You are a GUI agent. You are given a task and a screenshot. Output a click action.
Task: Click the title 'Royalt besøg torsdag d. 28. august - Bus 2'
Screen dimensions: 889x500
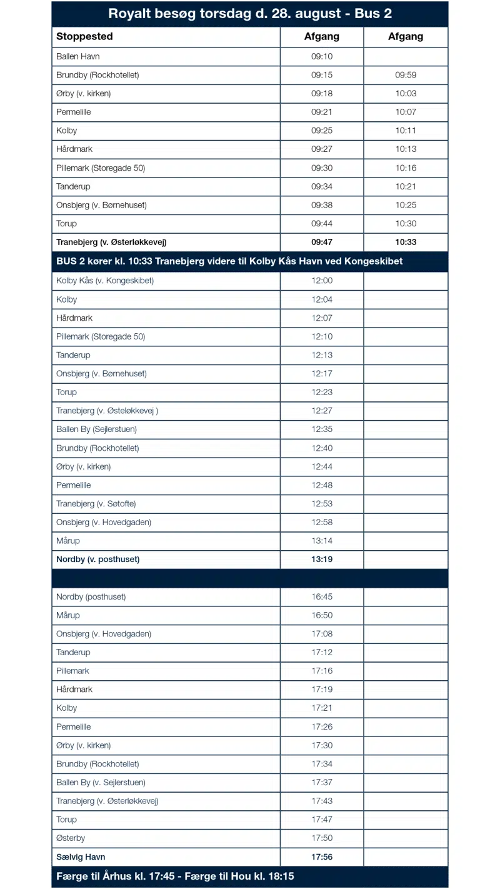click(x=250, y=14)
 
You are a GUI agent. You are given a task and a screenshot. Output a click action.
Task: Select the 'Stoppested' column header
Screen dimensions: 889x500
click(x=84, y=36)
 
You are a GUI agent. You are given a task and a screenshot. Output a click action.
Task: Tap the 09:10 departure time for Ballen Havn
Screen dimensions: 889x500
click(x=322, y=56)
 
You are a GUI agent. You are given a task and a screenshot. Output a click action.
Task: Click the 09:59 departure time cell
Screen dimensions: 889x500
click(x=406, y=75)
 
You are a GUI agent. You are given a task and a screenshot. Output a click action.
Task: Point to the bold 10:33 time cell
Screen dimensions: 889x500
click(x=406, y=242)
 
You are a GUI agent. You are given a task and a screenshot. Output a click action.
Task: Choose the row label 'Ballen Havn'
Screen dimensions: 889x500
click(x=78, y=56)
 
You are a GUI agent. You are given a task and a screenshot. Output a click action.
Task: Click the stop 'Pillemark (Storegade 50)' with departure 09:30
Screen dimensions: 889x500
click(x=101, y=168)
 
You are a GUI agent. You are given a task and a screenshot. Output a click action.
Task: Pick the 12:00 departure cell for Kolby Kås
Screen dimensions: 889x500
click(x=322, y=281)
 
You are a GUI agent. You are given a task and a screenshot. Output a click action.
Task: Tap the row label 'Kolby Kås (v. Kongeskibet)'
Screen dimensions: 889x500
click(x=105, y=281)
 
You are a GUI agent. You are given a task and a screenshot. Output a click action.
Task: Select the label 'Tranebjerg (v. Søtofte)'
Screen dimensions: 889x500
click(x=96, y=504)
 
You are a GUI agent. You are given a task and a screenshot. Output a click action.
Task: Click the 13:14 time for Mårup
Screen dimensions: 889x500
click(x=322, y=541)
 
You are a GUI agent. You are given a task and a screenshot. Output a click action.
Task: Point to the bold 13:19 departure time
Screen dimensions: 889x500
click(x=322, y=560)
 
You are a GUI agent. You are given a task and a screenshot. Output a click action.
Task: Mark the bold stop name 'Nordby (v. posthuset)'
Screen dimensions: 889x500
click(x=98, y=560)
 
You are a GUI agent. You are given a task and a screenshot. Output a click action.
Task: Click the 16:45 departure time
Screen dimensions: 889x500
click(x=322, y=597)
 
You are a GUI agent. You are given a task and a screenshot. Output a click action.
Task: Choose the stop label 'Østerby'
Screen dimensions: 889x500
click(x=71, y=838)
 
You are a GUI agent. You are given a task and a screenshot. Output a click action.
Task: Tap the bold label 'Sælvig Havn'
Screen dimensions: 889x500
click(x=81, y=857)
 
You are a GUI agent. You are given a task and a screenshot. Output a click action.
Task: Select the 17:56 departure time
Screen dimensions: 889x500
click(x=322, y=857)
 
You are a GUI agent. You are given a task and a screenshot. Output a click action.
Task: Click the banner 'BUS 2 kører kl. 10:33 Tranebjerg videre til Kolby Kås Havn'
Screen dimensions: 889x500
click(x=229, y=261)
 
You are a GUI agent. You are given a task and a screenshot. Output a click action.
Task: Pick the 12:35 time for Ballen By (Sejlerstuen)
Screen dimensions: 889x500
click(x=322, y=429)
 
